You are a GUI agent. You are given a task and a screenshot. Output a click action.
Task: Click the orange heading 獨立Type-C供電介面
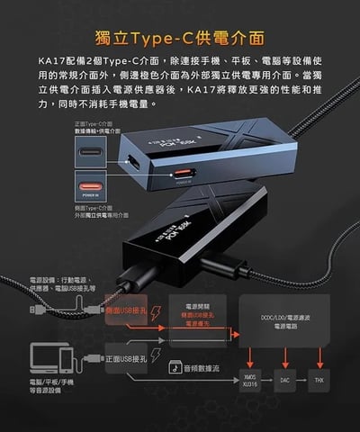click(179, 38)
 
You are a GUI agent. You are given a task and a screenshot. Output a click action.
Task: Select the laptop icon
click(46, 356)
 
